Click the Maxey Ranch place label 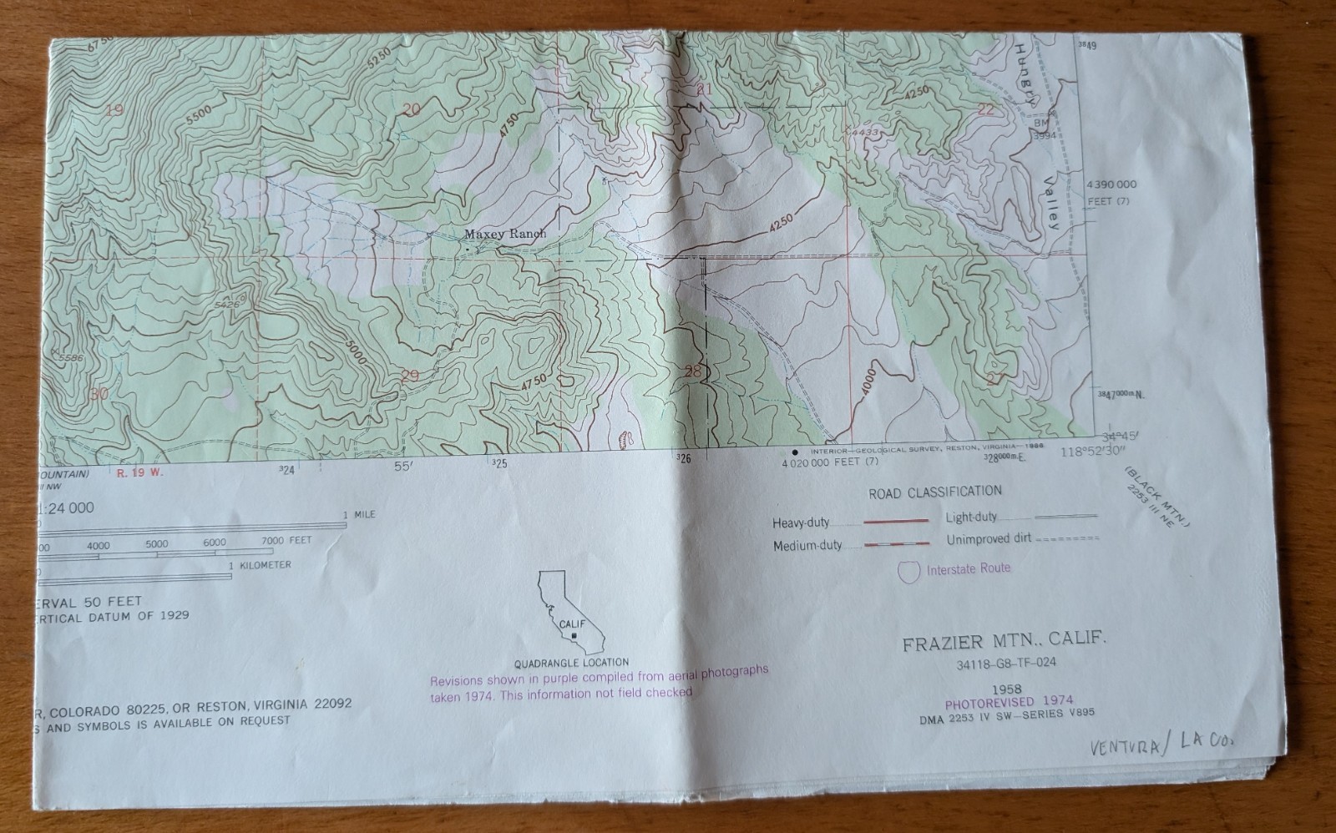point(504,235)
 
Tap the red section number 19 point(115,109)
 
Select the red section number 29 point(409,376)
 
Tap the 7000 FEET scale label point(286,541)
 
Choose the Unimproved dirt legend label point(989,540)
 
